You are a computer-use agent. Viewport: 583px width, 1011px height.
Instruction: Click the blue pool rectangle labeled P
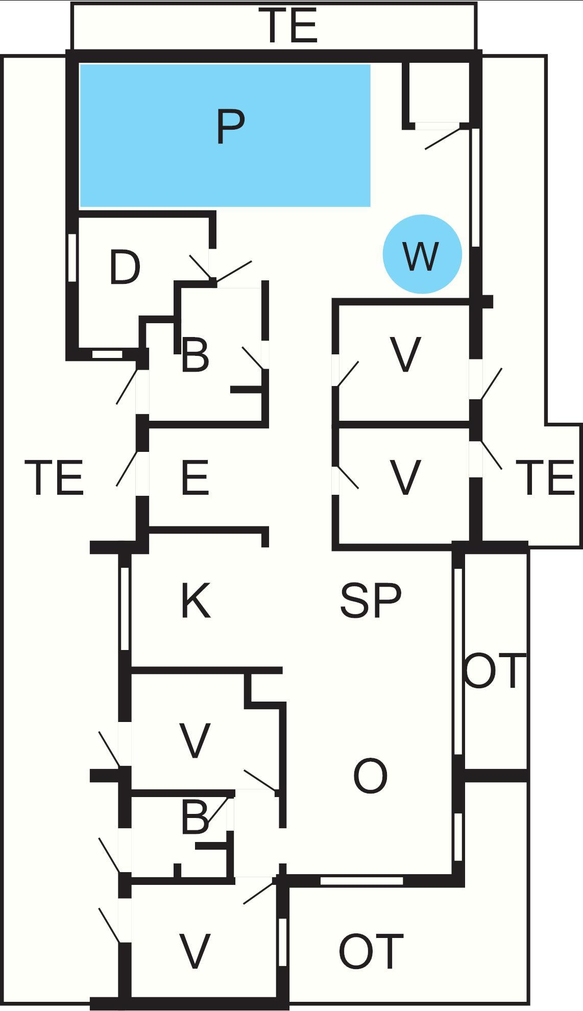(x=225, y=135)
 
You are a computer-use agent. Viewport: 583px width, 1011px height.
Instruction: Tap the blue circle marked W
(x=422, y=254)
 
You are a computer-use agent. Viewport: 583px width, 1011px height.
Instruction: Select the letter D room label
(x=125, y=268)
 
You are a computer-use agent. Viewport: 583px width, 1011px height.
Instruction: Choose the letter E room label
(x=195, y=478)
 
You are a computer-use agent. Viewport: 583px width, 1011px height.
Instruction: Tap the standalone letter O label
(x=370, y=776)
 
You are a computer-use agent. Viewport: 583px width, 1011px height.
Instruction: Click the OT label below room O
(x=371, y=951)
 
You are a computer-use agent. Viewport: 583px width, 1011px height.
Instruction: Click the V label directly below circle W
(x=405, y=355)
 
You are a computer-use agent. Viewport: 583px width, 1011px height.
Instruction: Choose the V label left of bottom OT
(x=195, y=951)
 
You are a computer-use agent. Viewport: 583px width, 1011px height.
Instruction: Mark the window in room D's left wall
(x=72, y=257)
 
